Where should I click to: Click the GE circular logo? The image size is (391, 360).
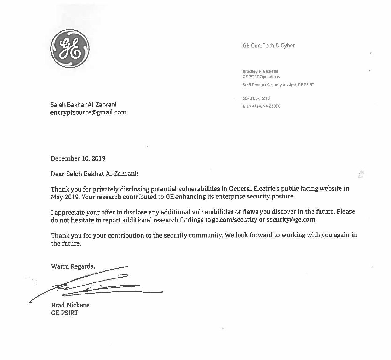point(70,49)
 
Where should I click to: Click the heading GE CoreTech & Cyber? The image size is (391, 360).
point(268,46)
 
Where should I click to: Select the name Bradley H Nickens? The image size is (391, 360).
point(260,71)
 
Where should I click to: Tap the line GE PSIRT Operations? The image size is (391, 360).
point(261,77)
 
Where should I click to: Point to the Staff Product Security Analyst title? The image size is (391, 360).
point(278,85)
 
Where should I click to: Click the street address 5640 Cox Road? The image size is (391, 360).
point(256,98)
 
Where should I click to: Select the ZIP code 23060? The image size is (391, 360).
point(275,106)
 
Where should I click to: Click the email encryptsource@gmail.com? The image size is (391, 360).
point(88,112)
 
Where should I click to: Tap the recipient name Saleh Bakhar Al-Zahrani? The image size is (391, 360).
point(83,105)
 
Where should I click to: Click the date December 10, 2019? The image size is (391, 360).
point(78,158)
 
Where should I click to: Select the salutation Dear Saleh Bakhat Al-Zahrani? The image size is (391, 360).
point(95,174)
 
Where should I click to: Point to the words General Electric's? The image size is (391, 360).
point(254,189)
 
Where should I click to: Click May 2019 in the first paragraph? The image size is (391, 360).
point(65,197)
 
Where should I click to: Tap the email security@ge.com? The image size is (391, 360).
point(291,220)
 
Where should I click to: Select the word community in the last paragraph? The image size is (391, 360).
point(205,235)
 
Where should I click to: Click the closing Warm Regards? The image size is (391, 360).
point(73,266)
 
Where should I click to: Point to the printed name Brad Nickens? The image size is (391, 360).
point(70,305)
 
